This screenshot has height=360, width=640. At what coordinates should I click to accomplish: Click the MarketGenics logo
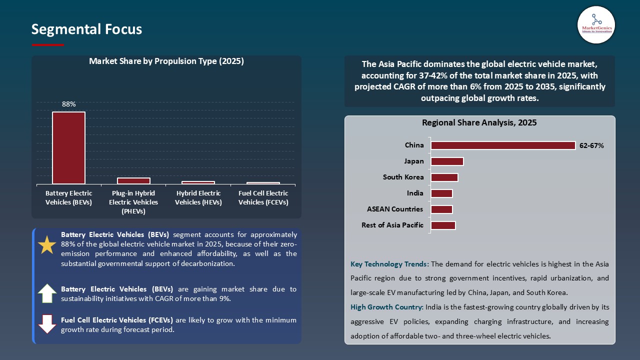pos(596,25)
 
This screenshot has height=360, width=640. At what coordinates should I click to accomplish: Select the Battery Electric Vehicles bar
pos(68,147)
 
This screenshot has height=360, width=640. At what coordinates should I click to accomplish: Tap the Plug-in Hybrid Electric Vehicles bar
pos(133,180)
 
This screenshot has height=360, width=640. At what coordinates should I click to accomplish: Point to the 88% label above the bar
pos(68,104)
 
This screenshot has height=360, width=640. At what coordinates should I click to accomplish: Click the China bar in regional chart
pos(503,145)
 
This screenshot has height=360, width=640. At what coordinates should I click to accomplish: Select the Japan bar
pos(447,161)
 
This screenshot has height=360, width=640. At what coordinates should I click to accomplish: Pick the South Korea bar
pos(444,177)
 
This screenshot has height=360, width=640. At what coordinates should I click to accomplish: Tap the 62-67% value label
pos(591,145)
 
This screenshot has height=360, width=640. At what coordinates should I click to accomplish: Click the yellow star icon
pos(47,244)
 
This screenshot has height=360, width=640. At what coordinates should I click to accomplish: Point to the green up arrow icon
pos(47,293)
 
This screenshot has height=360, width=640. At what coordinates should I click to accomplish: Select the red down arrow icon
pos(47,324)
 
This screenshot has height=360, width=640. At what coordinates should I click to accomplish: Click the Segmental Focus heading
pos(86,29)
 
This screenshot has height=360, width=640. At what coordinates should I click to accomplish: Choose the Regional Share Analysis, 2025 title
pos(479,122)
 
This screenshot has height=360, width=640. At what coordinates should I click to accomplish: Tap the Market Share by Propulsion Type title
pos(166,61)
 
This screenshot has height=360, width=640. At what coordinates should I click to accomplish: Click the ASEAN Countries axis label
pos(394,209)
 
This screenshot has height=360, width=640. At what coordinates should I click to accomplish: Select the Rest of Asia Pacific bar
pos(443,225)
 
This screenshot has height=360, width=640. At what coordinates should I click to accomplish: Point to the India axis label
pos(415,193)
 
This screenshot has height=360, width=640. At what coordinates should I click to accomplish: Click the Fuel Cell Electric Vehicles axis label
pos(263,197)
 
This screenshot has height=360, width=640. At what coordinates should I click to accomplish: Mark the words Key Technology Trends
pos(389,264)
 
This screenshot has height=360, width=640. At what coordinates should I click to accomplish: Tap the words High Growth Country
pos(387,307)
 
